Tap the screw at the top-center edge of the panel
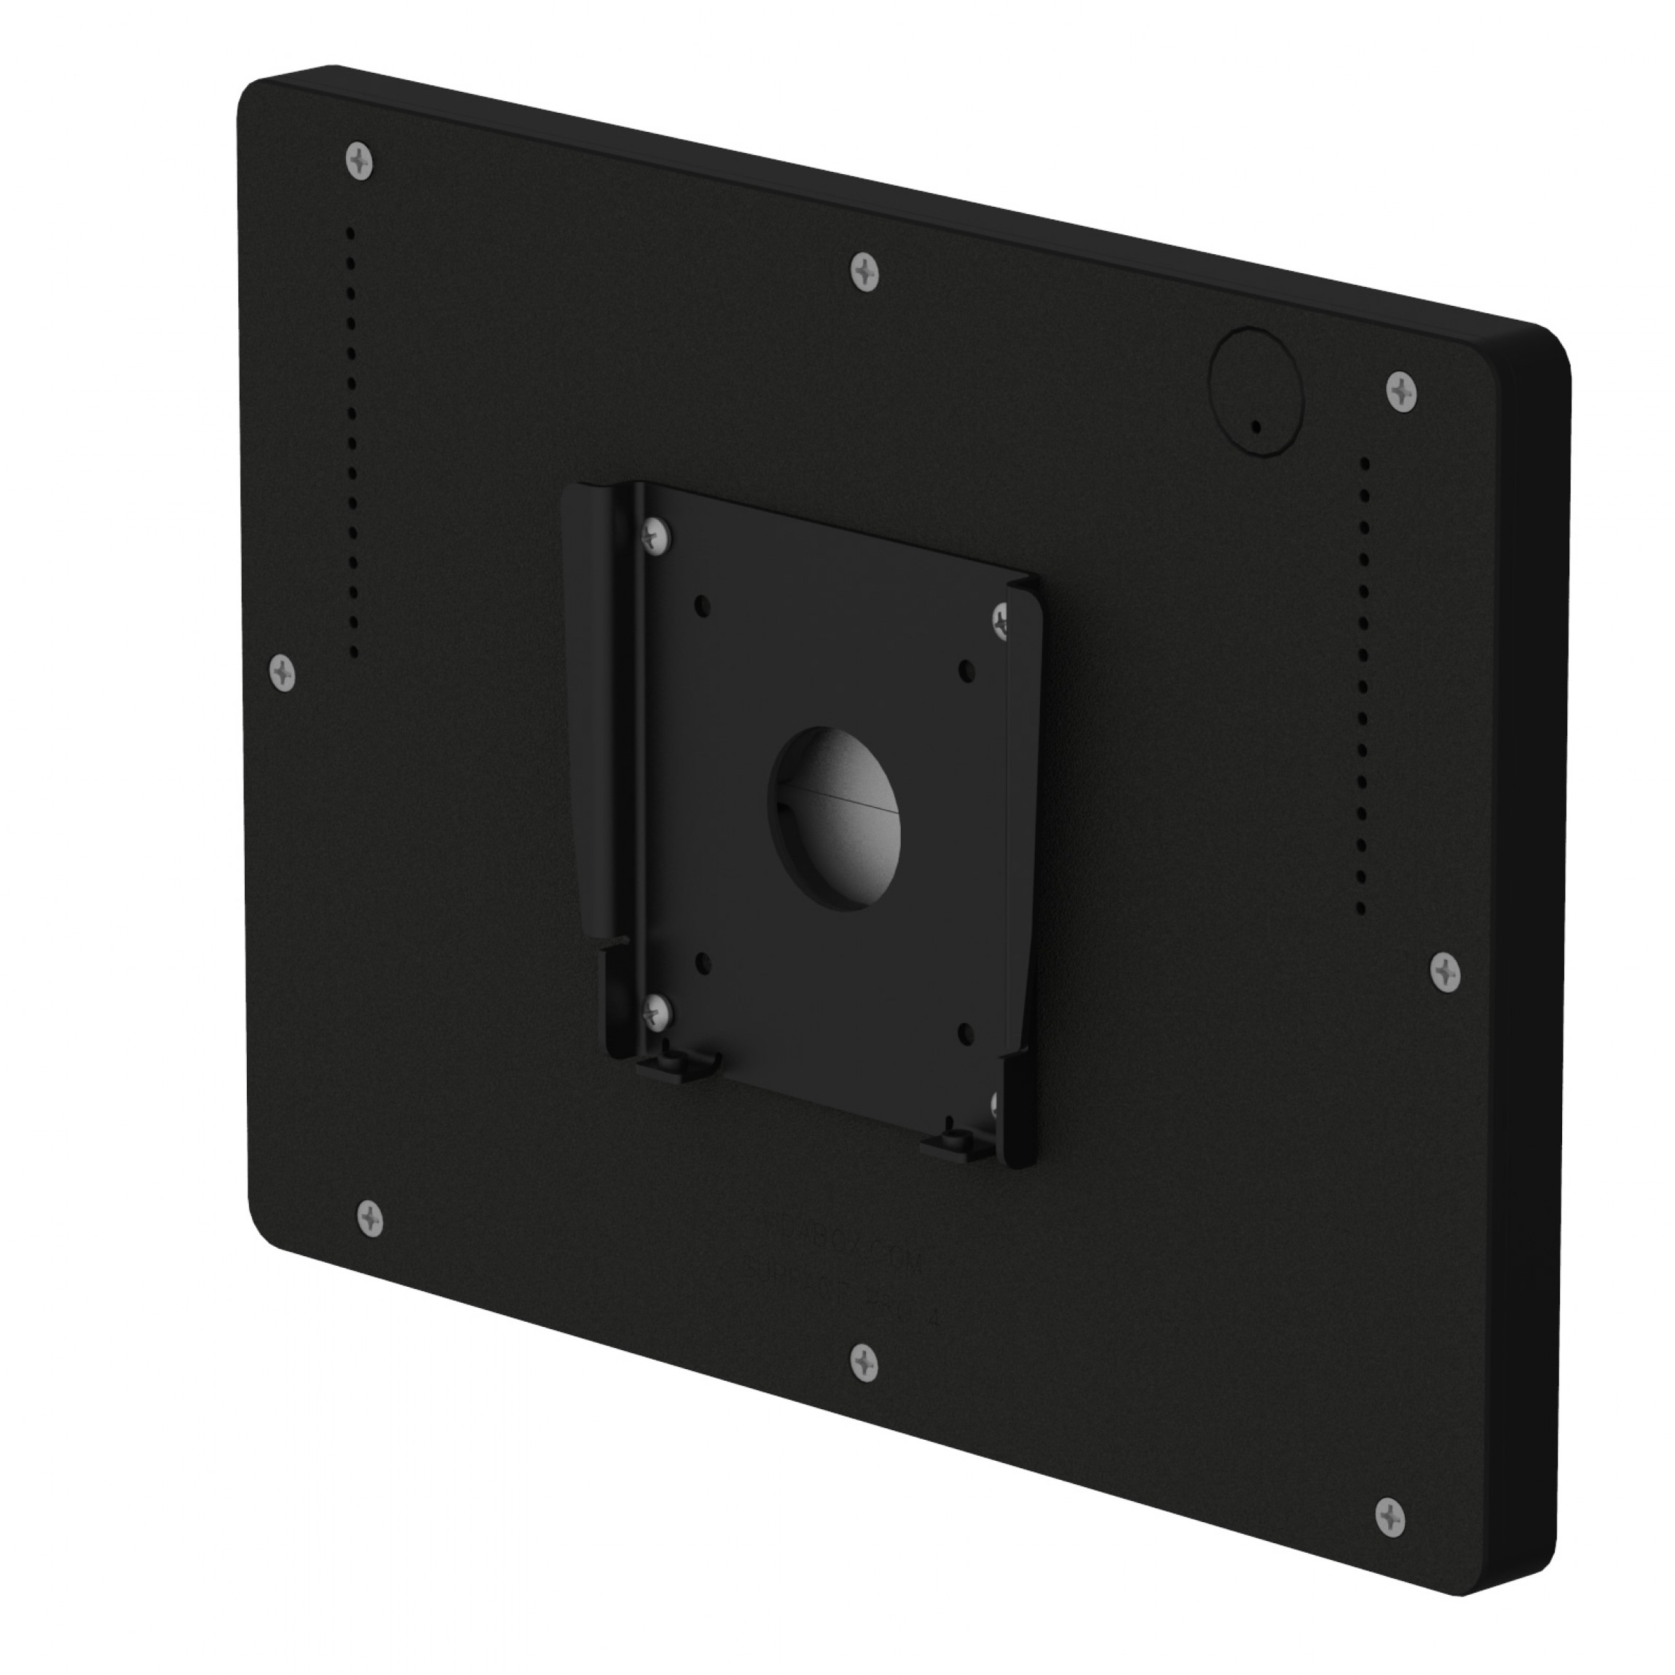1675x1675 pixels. (864, 272)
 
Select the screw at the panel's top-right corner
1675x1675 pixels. (1402, 392)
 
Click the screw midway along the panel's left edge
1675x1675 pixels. (283, 672)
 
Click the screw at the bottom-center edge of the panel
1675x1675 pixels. (864, 1362)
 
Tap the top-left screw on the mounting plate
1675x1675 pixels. (656, 535)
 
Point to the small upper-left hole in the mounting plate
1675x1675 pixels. (702, 602)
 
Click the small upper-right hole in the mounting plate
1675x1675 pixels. (968, 669)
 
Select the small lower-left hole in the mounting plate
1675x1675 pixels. (702, 961)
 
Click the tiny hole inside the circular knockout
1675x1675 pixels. (1256, 426)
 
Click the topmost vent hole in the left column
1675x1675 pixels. (351, 233)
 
